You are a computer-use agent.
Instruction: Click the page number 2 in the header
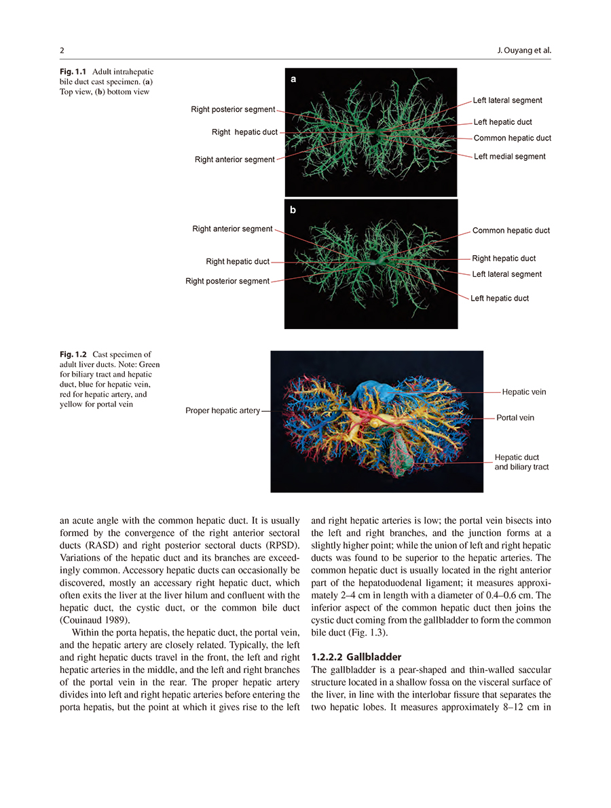click(x=62, y=51)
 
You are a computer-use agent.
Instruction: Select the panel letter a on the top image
click(x=293, y=79)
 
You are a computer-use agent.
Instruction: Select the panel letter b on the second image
click(x=293, y=210)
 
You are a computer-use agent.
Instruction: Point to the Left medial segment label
click(x=509, y=157)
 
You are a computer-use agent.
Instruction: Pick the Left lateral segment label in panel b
click(x=506, y=274)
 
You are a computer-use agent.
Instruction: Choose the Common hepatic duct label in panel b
click(x=511, y=231)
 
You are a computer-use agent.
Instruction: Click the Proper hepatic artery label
click(x=223, y=410)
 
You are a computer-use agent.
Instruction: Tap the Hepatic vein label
click(x=523, y=392)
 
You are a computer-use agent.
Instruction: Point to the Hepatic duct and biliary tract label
click(x=521, y=462)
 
